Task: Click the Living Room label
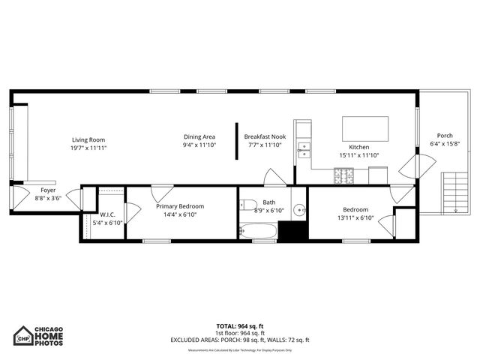click(88, 139)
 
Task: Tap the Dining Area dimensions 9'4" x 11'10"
click(199, 146)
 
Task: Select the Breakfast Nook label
click(265, 136)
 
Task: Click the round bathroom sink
click(298, 209)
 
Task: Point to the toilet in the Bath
click(248, 204)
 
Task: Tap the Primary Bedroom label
click(179, 205)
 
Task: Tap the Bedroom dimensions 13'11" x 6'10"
click(355, 218)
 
